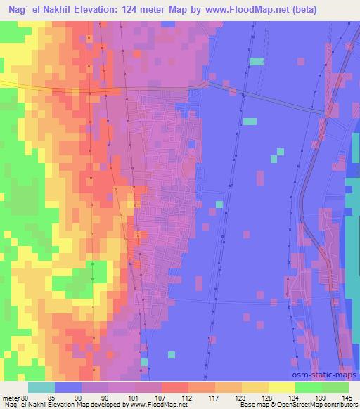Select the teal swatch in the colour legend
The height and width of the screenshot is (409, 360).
[41, 387]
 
